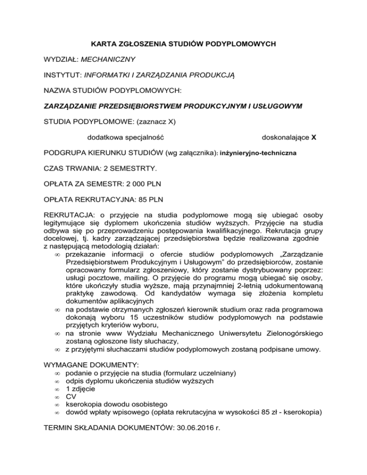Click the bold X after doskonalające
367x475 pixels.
pos(313,137)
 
